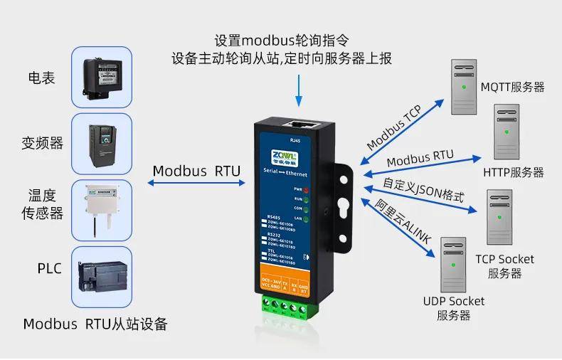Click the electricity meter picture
(102, 76)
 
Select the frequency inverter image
(102, 143)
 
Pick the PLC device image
(102, 275)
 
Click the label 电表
(41, 78)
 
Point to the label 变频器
(42, 143)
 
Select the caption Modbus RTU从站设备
(95, 324)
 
